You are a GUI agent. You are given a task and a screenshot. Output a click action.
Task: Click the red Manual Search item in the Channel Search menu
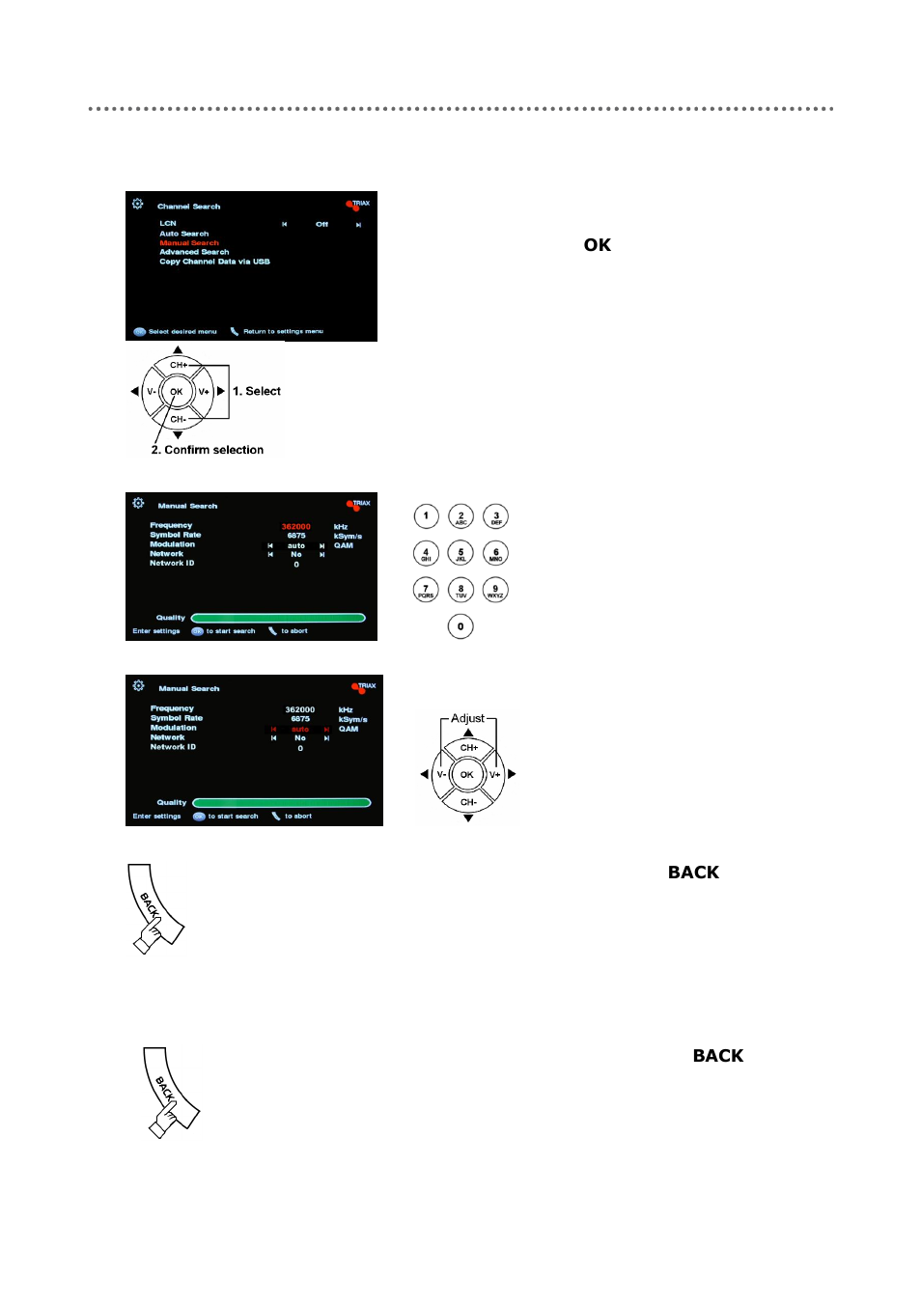pyautogui.click(x=189, y=243)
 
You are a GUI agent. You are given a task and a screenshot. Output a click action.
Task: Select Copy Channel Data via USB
pyautogui.click(x=214, y=262)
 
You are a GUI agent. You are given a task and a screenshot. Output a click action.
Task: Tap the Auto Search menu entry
pyautogui.click(x=183, y=234)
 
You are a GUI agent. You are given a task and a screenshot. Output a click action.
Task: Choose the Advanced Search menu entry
pyautogui.click(x=194, y=252)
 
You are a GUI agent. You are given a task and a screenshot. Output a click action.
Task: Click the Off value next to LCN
pyautogui.click(x=321, y=224)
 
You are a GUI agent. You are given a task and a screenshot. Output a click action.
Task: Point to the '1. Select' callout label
pyautogui.click(x=257, y=391)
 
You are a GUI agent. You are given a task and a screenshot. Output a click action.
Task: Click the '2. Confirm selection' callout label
pyautogui.click(x=208, y=450)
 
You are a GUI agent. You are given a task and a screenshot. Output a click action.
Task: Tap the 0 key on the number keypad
pyautogui.click(x=460, y=626)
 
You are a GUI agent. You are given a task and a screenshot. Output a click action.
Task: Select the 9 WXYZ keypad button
pyautogui.click(x=495, y=590)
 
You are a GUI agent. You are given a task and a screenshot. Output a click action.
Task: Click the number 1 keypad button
pyautogui.click(x=426, y=516)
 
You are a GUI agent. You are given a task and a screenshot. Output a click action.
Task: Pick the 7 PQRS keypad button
pyautogui.click(x=426, y=590)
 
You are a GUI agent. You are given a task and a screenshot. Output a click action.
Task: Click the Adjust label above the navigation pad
pyautogui.click(x=468, y=718)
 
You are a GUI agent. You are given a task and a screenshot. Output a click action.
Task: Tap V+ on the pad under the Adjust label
pyautogui.click(x=495, y=774)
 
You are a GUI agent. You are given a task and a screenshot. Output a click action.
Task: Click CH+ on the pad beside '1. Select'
pyautogui.click(x=179, y=365)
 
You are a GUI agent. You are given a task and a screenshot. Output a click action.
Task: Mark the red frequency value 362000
pyautogui.click(x=295, y=527)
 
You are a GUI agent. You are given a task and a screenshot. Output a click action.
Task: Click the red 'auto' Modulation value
pyautogui.click(x=300, y=730)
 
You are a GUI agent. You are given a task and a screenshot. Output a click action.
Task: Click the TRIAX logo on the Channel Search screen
pyautogui.click(x=358, y=205)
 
